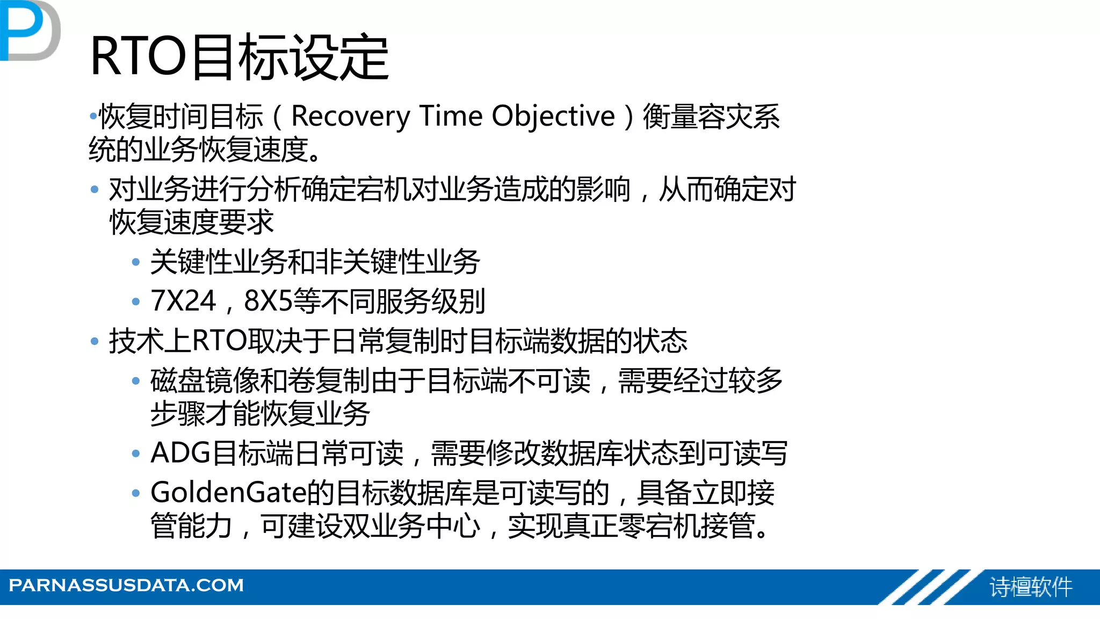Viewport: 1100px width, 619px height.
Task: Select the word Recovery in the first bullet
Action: point(350,117)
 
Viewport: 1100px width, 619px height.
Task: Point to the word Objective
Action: point(553,117)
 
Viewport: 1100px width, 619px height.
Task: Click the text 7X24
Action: point(183,301)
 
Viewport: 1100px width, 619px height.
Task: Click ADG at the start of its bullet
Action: point(180,453)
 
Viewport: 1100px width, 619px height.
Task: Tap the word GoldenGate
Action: point(228,493)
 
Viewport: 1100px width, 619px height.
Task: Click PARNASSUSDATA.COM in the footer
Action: point(126,585)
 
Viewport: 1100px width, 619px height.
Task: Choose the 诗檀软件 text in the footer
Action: point(1031,587)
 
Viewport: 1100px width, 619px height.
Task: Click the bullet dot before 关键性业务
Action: point(136,262)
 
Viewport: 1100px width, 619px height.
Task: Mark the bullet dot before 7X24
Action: point(136,301)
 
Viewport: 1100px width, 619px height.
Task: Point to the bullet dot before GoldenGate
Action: point(136,493)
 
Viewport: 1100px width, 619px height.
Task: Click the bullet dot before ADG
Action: point(136,454)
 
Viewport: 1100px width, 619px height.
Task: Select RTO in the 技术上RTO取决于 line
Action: point(219,341)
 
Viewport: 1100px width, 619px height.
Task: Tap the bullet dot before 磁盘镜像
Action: point(136,381)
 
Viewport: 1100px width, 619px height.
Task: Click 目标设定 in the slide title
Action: point(290,56)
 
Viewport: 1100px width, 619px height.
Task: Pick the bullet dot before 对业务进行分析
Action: point(95,189)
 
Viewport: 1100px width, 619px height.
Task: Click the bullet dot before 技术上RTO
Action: point(95,341)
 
